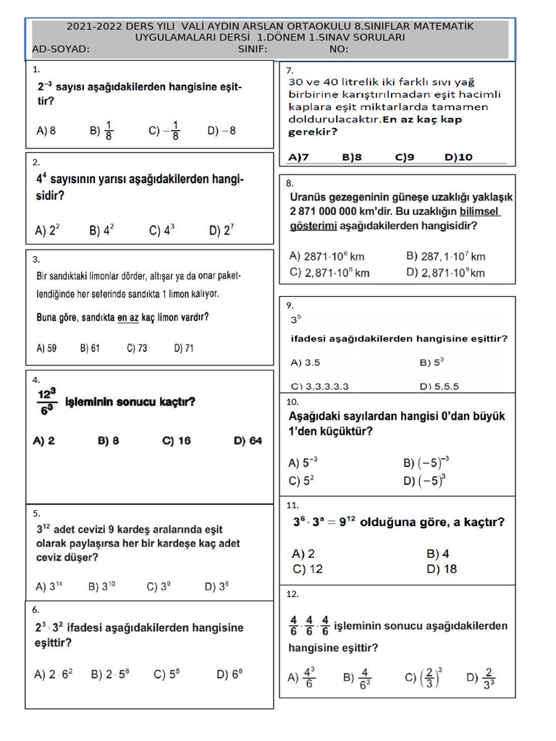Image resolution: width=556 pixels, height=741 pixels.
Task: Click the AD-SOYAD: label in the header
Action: pos(61,49)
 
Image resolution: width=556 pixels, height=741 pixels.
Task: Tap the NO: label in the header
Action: pos(338,49)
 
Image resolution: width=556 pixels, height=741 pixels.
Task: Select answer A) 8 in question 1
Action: pos(46,131)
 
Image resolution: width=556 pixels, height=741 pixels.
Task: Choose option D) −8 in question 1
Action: pos(221,131)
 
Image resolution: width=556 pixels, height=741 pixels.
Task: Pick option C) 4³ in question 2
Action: pos(162,230)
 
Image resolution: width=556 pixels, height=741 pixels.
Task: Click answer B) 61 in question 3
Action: pos(90,348)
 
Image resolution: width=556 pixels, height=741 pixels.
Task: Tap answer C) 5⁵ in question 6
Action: pos(167,674)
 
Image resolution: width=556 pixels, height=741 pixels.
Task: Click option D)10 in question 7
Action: pos(458,156)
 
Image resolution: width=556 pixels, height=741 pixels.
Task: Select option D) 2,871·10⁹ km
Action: pos(445,273)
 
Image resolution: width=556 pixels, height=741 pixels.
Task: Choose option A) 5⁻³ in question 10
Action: pos(303,462)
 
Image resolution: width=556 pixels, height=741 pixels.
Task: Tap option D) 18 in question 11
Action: pos(442,569)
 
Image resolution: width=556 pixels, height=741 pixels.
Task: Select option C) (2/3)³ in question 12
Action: pos(423,677)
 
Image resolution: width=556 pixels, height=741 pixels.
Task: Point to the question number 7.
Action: pos(290,70)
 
